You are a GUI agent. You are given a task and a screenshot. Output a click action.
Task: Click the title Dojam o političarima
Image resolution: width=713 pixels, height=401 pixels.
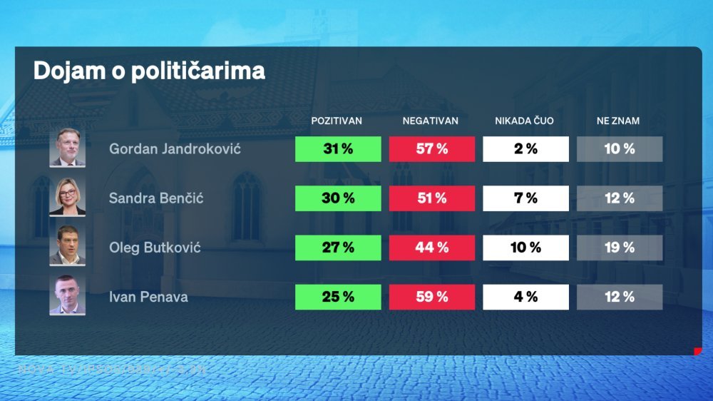click(149, 71)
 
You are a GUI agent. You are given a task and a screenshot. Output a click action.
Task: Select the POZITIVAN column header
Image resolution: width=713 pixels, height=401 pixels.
click(337, 121)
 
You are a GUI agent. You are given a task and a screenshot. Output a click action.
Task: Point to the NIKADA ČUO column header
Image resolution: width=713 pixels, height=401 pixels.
click(524, 121)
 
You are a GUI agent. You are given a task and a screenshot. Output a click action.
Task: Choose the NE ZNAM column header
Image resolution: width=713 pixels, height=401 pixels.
click(618, 121)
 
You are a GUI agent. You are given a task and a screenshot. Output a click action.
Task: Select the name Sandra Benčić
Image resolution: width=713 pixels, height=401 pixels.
click(156, 198)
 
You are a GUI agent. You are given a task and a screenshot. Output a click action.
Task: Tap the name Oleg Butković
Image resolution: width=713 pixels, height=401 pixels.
click(155, 248)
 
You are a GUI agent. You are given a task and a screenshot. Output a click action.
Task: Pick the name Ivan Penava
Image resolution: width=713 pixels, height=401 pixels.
click(148, 297)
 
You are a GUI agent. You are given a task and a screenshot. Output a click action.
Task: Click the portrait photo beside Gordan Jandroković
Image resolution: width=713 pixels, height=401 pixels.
click(67, 148)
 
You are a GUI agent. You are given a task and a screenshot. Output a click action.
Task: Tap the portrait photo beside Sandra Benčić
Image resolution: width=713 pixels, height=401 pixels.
click(67, 197)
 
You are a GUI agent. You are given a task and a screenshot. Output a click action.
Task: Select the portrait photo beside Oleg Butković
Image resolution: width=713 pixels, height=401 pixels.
click(67, 246)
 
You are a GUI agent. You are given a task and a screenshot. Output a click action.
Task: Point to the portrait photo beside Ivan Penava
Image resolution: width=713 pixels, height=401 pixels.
click(67, 295)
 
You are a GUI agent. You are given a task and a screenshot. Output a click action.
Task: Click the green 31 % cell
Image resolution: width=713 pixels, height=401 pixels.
click(338, 149)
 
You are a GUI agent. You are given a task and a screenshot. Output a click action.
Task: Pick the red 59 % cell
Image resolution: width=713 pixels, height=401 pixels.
click(432, 297)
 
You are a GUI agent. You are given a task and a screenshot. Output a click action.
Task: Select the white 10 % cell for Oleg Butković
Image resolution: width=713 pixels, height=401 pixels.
click(525, 248)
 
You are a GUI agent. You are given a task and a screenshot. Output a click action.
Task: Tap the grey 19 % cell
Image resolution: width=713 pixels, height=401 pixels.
click(620, 248)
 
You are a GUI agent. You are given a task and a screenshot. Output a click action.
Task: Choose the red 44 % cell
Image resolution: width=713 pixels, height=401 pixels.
click(432, 248)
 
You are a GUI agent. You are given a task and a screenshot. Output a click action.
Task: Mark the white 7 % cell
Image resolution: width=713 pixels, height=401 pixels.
click(525, 198)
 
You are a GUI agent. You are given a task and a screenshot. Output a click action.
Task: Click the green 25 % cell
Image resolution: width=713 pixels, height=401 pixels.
click(338, 297)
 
